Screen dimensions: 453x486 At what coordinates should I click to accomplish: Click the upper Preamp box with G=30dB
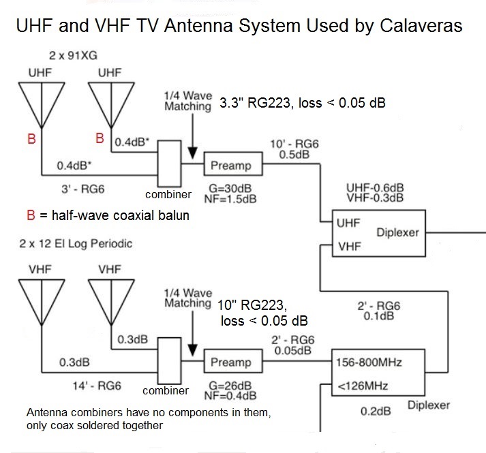pos(230,166)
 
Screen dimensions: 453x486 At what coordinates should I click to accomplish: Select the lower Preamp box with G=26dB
pos(230,362)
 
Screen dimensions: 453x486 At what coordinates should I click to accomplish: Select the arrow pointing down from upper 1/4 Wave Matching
pos(194,136)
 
